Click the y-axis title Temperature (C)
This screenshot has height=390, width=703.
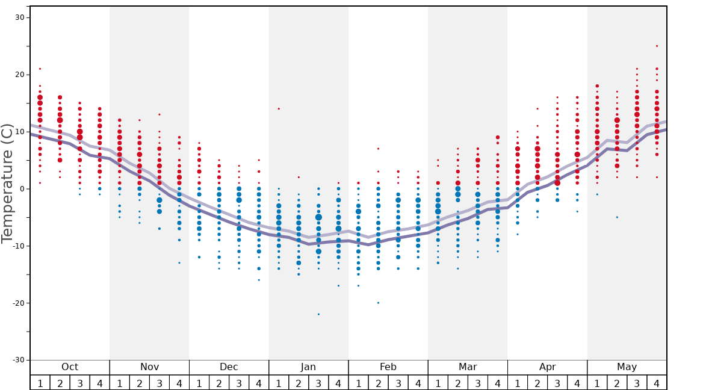7,183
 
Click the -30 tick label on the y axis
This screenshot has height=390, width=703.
18,360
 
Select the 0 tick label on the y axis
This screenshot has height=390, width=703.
21,189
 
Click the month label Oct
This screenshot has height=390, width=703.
70,367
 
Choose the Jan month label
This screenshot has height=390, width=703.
308,367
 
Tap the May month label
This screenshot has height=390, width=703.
627,367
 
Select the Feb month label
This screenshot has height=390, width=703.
388,367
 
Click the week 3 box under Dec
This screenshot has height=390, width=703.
239,383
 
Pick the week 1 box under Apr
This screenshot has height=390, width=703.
517,383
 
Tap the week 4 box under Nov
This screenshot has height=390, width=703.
179,383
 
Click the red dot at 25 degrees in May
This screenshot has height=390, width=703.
657,46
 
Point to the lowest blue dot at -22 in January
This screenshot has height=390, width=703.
318,314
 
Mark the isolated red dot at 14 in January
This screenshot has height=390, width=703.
279,109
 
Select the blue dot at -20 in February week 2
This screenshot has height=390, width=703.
378,303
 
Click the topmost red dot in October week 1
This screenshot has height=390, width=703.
40,69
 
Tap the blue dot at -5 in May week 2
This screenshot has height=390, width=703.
617,217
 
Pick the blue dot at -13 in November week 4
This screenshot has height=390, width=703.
179,263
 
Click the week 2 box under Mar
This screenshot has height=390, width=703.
457,383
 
